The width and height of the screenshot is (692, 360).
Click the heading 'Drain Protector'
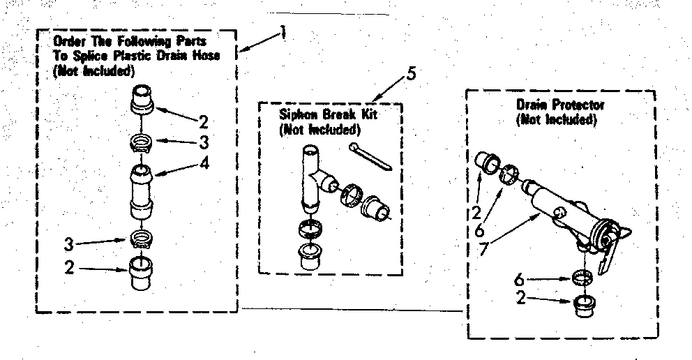(560, 105)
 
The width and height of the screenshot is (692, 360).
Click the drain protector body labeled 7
(558, 209)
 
